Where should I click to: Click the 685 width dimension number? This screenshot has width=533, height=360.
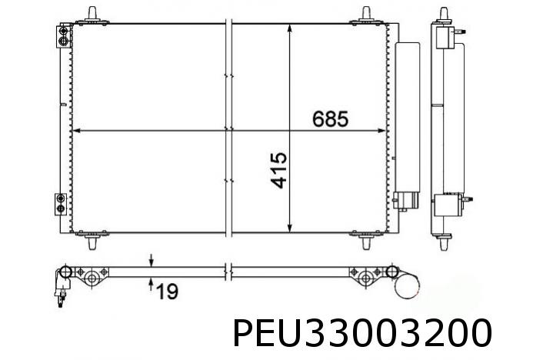331,119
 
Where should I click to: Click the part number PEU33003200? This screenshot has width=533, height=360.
361,335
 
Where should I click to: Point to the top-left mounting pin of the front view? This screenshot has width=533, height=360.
94,14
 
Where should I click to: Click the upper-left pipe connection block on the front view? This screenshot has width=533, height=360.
62,37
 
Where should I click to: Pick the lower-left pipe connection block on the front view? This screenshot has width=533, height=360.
62,203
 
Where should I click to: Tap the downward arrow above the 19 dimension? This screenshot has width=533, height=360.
152,260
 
